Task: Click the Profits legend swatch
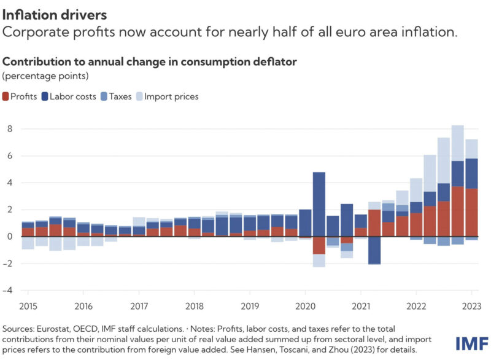click(7, 96)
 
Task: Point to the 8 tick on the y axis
click(10, 129)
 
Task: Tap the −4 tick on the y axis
click(8, 290)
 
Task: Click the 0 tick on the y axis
click(10, 237)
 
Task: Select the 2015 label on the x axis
click(28, 306)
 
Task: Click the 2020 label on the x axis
click(305, 306)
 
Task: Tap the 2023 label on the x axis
click(471, 306)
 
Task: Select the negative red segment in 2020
click(319, 245)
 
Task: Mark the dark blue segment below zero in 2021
click(374, 250)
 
